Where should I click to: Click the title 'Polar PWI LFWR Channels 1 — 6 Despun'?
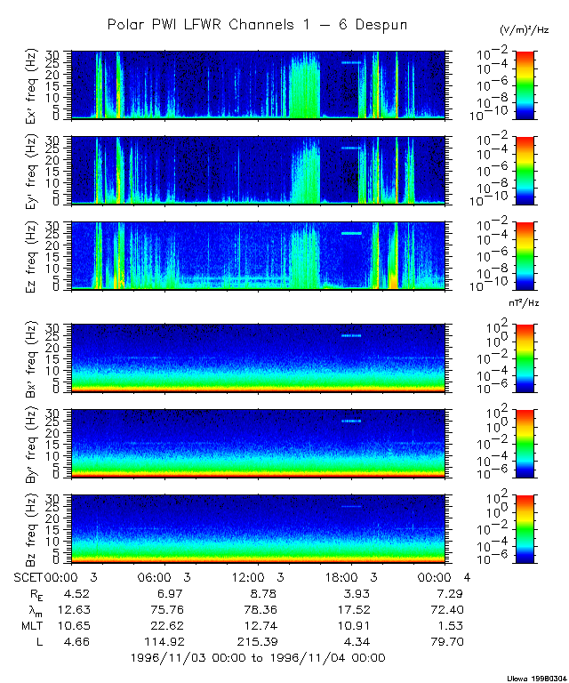257,25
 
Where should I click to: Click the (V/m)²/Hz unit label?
525,31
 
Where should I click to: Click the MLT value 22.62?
162,625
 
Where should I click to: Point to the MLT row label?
34,625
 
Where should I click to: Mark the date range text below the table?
257,658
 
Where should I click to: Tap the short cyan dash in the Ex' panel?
351,63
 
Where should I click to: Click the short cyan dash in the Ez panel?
353,233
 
